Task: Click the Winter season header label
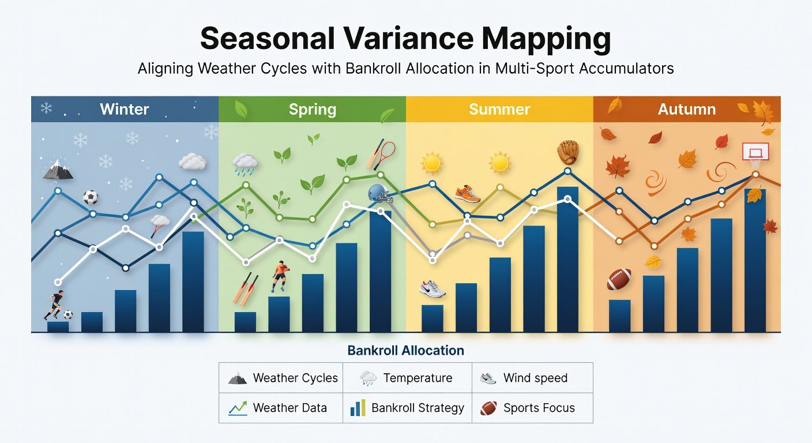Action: (125, 109)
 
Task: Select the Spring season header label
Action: (313, 110)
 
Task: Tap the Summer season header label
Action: (499, 109)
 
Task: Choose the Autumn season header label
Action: (687, 109)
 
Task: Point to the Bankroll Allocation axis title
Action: (405, 350)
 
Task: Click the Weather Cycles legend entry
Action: (283, 378)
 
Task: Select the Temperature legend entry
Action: (406, 378)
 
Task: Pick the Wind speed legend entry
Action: (524, 378)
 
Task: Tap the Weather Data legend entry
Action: (277, 408)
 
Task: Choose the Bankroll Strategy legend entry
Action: (407, 408)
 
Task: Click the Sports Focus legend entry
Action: (527, 408)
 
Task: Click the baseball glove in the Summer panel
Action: (567, 152)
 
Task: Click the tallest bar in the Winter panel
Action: (193, 281)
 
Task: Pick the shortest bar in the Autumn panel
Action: (619, 316)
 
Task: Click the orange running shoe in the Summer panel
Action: (467, 194)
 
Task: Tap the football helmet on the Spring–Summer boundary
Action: (379, 193)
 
